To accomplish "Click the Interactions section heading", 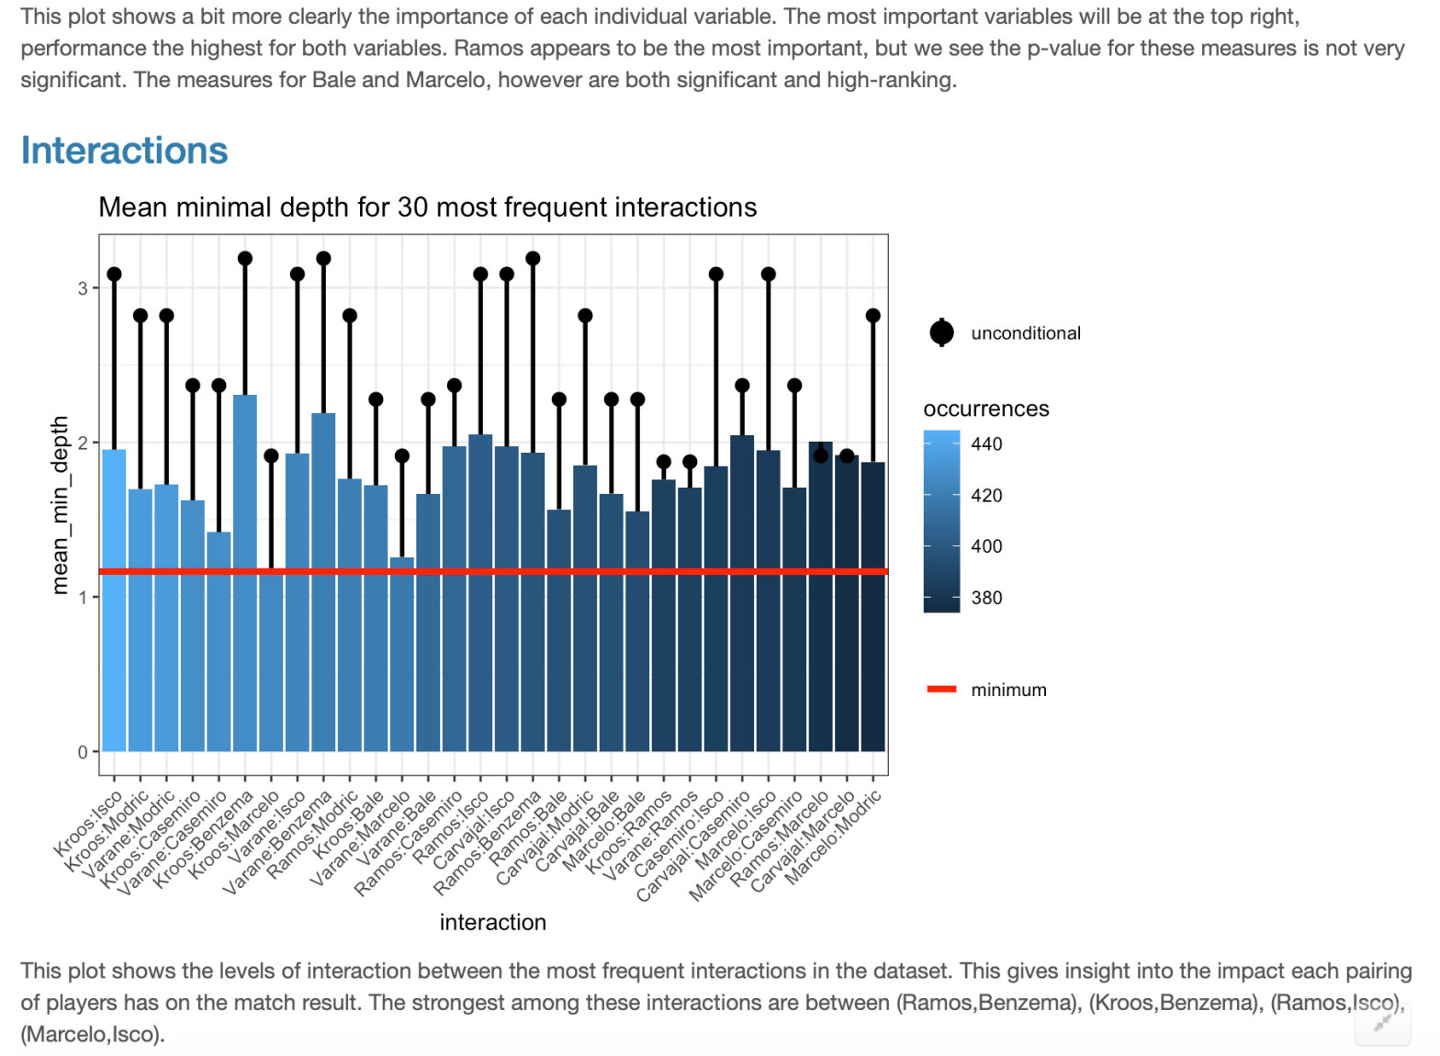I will pos(124,151).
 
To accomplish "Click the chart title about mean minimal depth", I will pos(427,208).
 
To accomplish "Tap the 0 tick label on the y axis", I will pos(84,753).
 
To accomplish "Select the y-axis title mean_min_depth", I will pos(61,504).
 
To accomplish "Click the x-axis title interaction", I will pos(492,922).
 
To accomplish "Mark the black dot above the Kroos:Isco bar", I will pos(114,275).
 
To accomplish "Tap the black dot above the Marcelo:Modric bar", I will pos(873,316).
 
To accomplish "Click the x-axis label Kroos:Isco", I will pos(90,824).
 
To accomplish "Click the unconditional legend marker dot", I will pos(941,333).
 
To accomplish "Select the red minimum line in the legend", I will pos(941,690).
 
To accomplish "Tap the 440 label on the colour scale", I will pos(986,444).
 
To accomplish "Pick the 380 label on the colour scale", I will pos(986,598).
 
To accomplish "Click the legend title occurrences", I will pos(985,409).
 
